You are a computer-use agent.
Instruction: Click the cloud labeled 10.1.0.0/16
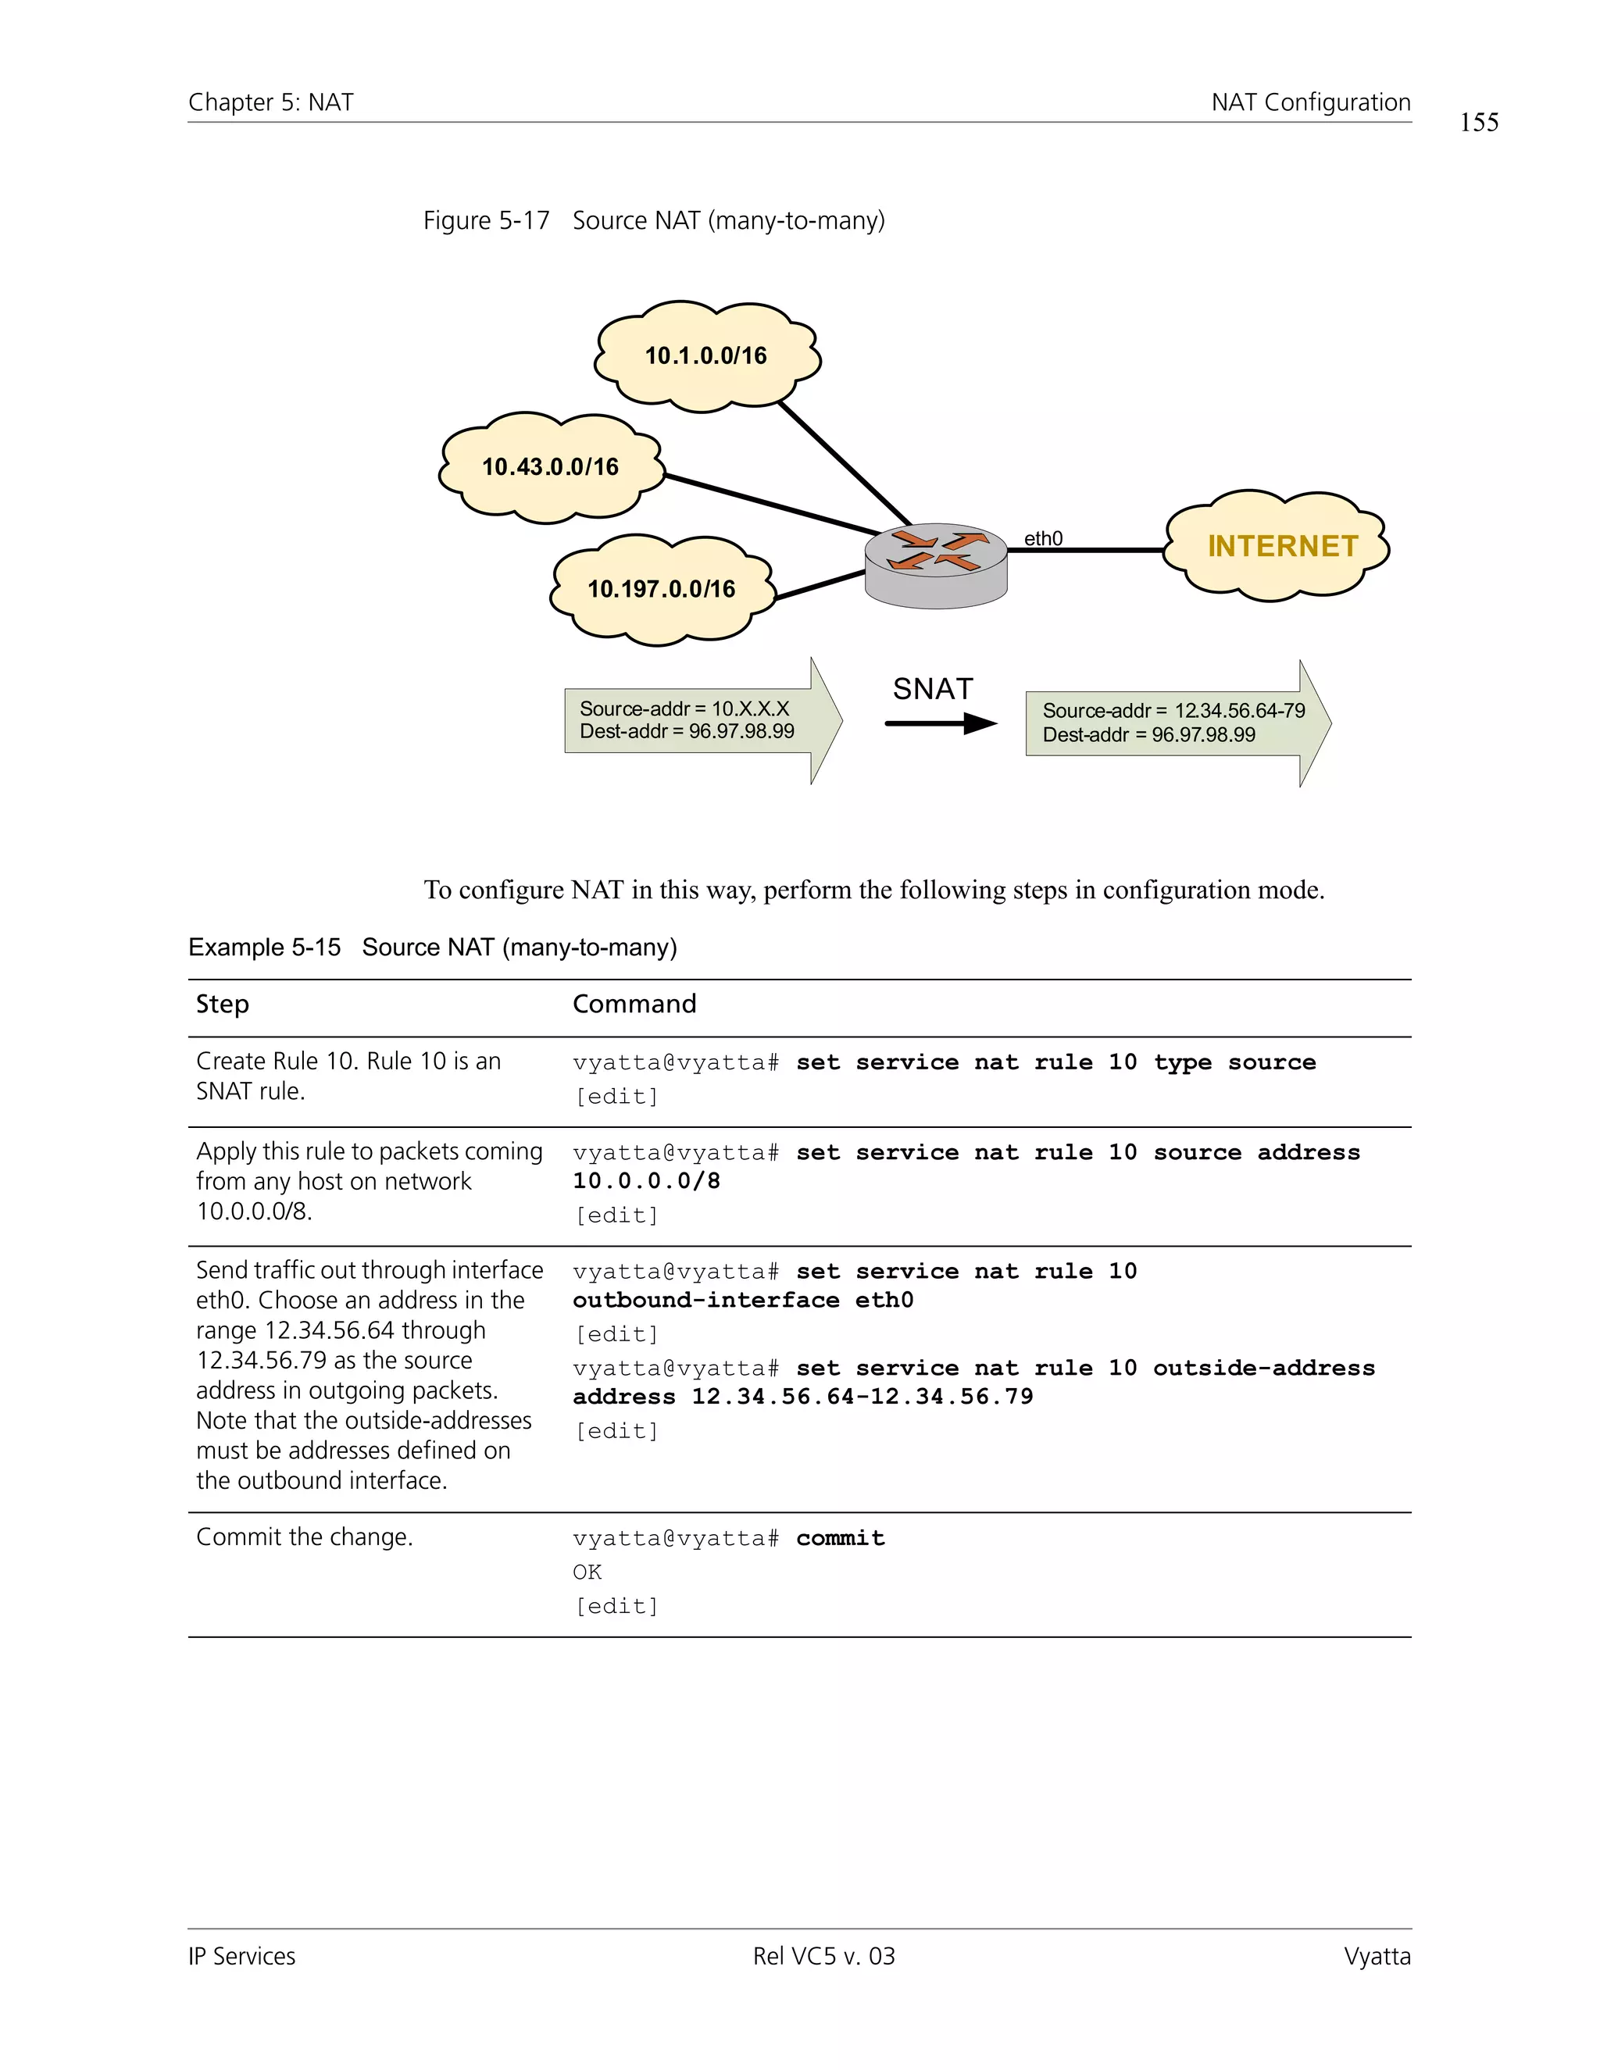(706, 356)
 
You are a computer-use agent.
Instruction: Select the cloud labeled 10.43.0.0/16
(550, 467)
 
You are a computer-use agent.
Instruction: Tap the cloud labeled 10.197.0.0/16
(661, 590)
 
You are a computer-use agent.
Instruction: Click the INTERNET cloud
(1280, 546)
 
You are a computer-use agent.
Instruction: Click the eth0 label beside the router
(1043, 538)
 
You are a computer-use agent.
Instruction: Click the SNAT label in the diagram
(933, 689)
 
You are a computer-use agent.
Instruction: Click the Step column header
(222, 1004)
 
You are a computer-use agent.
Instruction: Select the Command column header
(634, 1004)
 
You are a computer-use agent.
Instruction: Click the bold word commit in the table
(840, 1537)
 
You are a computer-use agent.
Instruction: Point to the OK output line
(587, 1572)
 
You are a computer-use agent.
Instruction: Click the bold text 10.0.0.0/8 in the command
(646, 1181)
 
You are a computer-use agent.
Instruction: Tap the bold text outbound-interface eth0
(743, 1301)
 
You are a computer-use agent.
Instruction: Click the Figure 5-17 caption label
(486, 221)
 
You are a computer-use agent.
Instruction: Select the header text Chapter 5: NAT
(271, 102)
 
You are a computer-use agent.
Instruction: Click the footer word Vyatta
(1377, 1956)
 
